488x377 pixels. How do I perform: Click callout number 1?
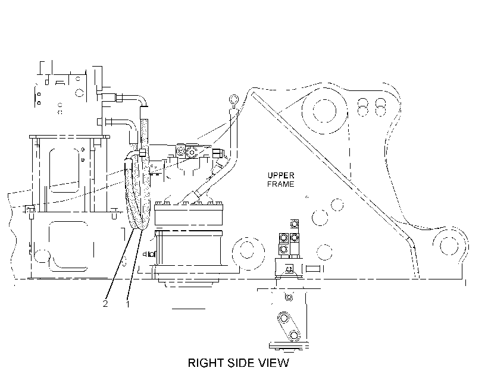(x=127, y=304)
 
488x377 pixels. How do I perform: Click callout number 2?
(x=105, y=304)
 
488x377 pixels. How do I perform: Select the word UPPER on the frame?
(x=281, y=175)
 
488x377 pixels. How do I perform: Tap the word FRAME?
(x=280, y=184)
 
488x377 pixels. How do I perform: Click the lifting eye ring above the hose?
(x=234, y=99)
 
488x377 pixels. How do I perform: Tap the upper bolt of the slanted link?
(x=283, y=318)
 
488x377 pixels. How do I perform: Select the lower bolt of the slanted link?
(x=293, y=335)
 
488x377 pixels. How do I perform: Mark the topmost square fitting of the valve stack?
(x=294, y=224)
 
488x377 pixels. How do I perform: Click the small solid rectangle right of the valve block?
(x=313, y=268)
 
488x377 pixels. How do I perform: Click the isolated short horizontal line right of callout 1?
(x=189, y=309)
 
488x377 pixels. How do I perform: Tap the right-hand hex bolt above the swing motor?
(x=192, y=152)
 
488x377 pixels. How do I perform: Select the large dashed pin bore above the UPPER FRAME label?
(x=324, y=111)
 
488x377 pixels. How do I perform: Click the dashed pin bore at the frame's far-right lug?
(x=449, y=246)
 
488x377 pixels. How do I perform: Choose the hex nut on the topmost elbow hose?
(x=120, y=98)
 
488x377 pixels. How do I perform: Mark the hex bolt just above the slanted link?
(x=289, y=297)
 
